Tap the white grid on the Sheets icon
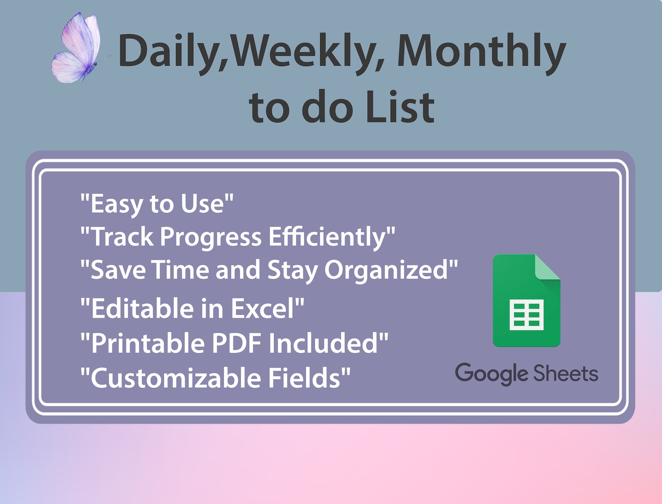point(527,314)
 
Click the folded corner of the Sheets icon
point(547,267)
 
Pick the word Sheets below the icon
point(566,373)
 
